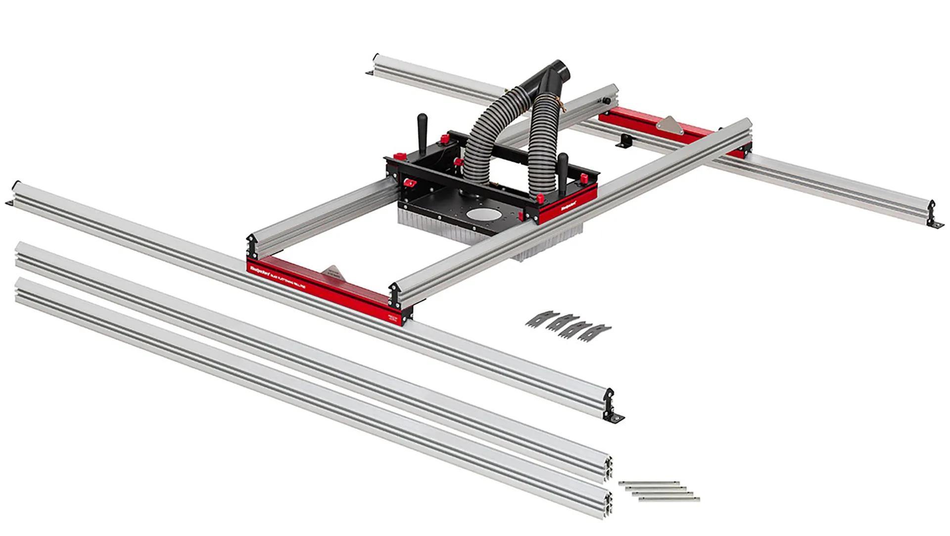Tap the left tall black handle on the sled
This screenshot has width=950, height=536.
[422, 128]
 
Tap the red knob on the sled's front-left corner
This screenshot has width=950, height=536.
[408, 184]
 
